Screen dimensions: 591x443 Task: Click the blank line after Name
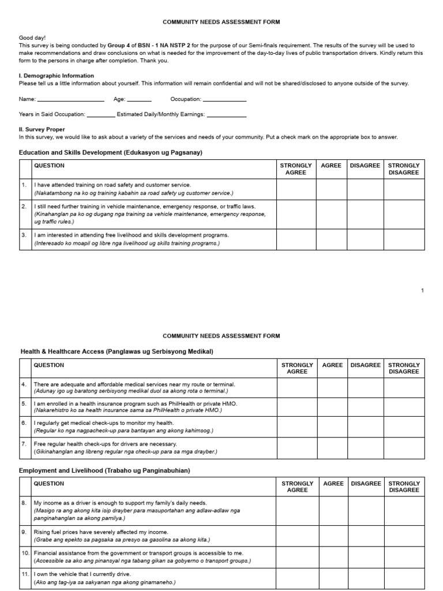coord(70,100)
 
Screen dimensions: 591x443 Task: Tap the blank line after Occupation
coord(225,100)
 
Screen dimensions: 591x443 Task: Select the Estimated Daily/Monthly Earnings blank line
coord(226,115)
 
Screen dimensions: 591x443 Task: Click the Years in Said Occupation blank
coord(101,115)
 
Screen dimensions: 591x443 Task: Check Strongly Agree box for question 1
coord(296,189)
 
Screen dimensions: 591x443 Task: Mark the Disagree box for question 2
coord(365,214)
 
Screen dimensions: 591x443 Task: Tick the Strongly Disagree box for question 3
coord(404,239)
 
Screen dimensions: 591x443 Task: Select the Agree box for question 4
coord(332,388)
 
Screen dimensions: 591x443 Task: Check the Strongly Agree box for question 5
coord(296,407)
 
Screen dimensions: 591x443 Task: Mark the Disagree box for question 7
coord(366,448)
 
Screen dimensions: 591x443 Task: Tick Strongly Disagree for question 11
coord(404,578)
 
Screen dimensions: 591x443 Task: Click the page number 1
coord(422,290)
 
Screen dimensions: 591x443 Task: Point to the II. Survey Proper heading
coord(42,130)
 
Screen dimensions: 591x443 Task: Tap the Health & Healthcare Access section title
coord(117,351)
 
